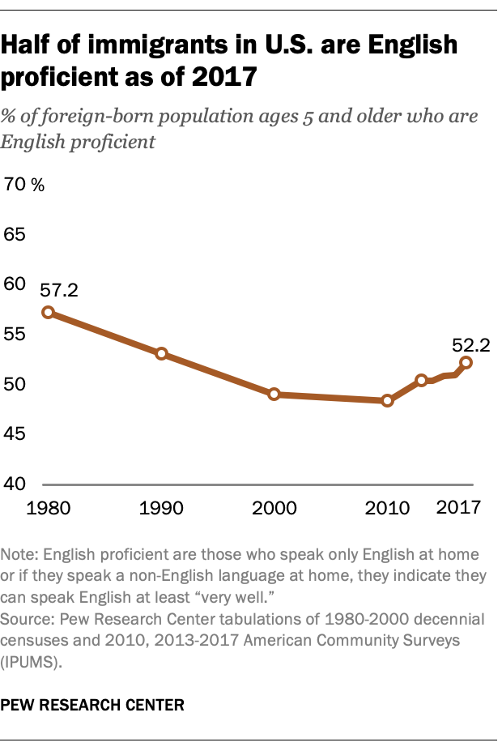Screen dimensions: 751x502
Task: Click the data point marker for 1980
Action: [48, 312]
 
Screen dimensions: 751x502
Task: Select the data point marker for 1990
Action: [161, 354]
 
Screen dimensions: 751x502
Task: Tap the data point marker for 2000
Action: [274, 395]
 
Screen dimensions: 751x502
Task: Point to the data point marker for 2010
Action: [387, 400]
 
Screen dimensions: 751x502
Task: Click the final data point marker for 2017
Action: [466, 362]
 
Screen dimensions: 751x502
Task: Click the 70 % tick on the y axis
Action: [24, 185]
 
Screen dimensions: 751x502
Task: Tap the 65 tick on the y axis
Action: [16, 235]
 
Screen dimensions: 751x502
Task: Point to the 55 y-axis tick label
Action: [16, 335]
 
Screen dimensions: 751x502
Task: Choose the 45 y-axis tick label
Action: [16, 434]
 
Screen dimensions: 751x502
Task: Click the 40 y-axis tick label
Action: [16, 484]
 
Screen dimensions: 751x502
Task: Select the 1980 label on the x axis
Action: [48, 509]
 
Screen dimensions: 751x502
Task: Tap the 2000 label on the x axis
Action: [274, 509]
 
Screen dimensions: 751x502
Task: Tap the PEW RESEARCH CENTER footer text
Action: [92, 705]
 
